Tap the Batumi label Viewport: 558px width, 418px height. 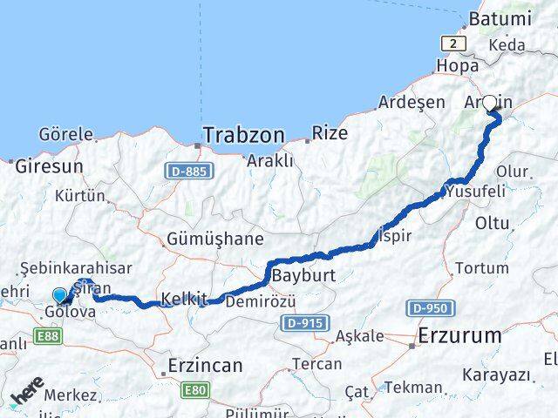click(500, 18)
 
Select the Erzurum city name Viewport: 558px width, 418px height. click(459, 335)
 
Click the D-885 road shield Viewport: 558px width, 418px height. click(187, 172)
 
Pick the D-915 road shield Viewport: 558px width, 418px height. click(305, 323)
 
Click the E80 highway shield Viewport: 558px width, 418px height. click(195, 393)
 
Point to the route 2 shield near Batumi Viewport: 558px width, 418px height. click(454, 44)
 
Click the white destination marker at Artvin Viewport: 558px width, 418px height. click(490, 103)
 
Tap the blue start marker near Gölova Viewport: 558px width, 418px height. click(59, 295)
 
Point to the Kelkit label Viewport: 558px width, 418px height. click(182, 299)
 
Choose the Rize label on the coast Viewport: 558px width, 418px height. click(330, 133)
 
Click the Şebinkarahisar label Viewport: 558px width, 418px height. click(77, 269)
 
